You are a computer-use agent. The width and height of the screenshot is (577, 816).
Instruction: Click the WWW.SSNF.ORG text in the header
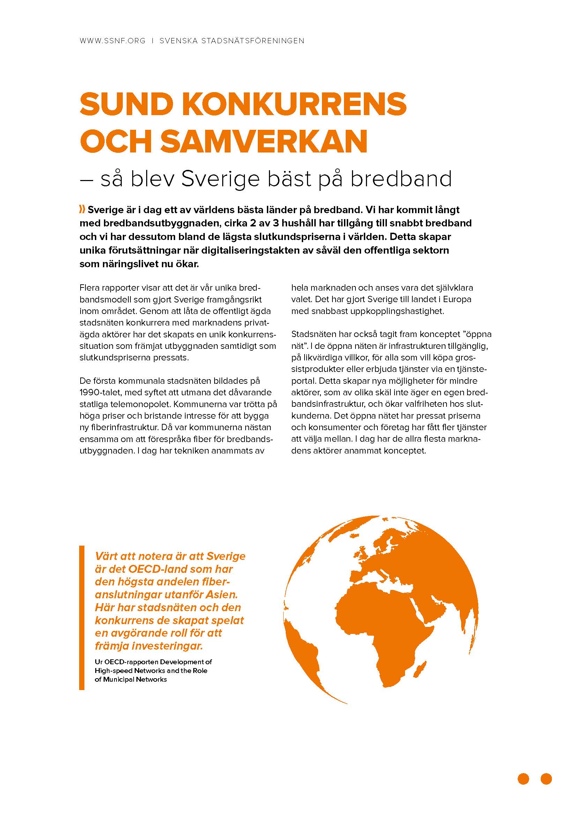pyautogui.click(x=113, y=41)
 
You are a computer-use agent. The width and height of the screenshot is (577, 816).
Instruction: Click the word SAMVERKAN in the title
pyautogui.click(x=264, y=141)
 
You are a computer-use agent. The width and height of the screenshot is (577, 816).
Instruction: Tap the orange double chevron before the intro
pyautogui.click(x=82, y=210)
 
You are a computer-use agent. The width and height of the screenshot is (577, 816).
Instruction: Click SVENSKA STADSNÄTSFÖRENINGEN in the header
pyautogui.click(x=232, y=41)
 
